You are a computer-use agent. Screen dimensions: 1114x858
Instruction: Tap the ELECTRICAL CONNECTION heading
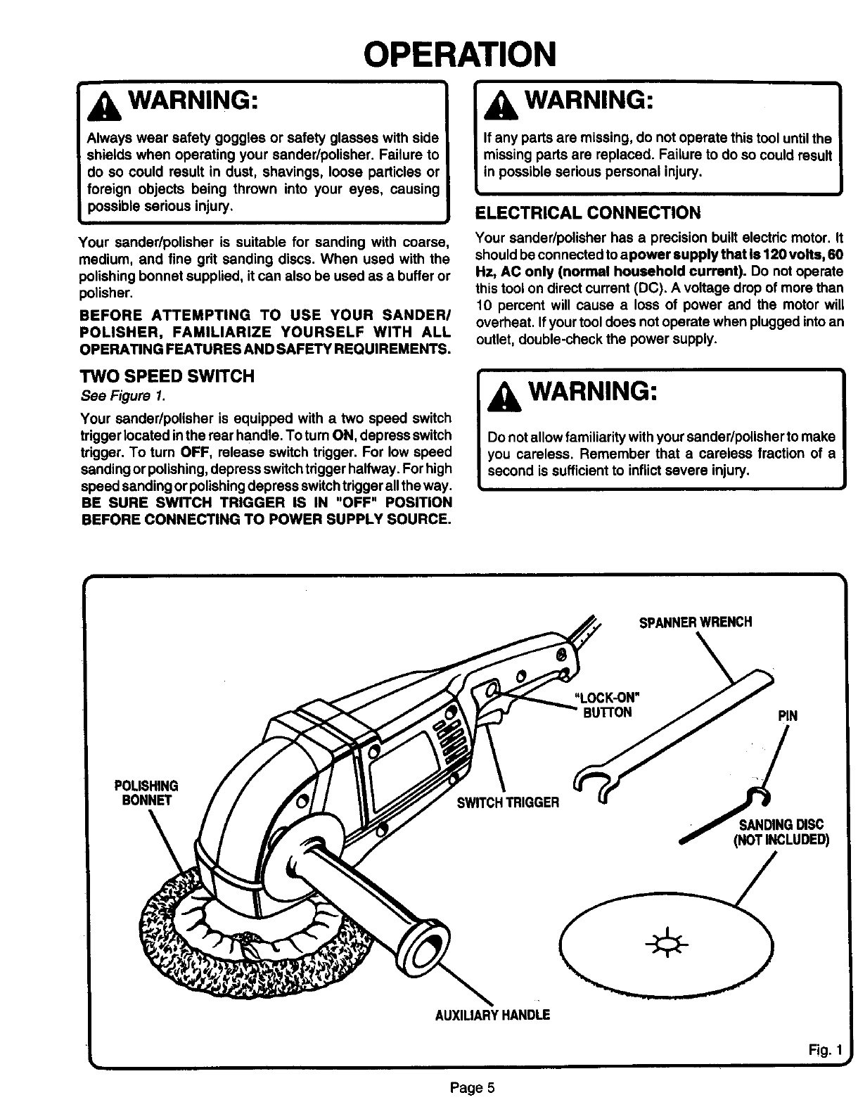(588, 213)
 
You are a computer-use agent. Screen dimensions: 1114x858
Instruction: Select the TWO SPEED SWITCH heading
(167, 376)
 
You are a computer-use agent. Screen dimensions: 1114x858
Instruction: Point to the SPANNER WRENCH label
(695, 622)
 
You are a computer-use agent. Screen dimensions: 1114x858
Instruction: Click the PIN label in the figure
(787, 717)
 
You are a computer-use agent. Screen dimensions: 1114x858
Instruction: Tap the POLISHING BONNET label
(146, 793)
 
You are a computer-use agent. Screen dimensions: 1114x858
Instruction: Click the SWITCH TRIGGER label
(508, 802)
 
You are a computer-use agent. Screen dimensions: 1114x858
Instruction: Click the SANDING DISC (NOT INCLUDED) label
(781, 831)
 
